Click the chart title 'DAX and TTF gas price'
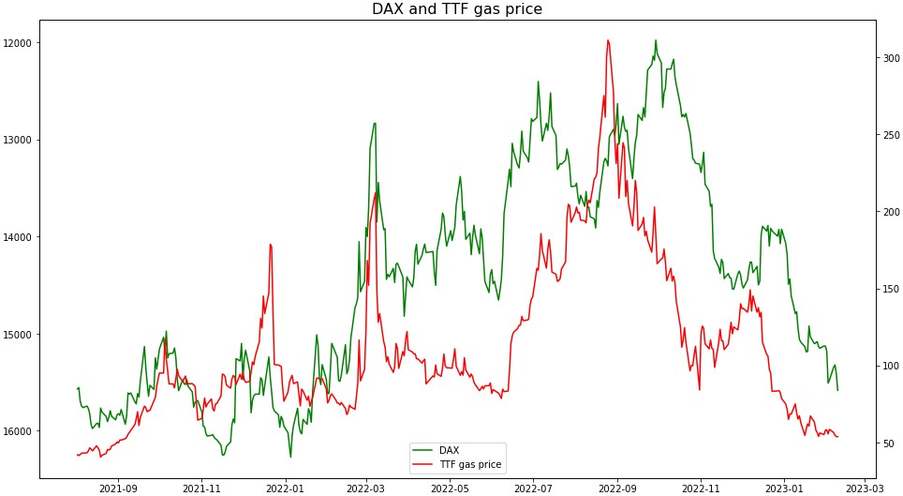457,9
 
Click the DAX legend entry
449,450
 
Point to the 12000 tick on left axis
19,43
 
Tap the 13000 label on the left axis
19,141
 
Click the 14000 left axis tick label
19,237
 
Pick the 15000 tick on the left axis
19,335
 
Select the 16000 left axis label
19,432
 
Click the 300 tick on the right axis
892,58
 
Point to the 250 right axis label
892,135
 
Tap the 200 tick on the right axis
892,212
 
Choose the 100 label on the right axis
892,367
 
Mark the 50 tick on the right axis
889,443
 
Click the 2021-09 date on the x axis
118,488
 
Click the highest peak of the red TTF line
608,40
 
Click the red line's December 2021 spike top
270,244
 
